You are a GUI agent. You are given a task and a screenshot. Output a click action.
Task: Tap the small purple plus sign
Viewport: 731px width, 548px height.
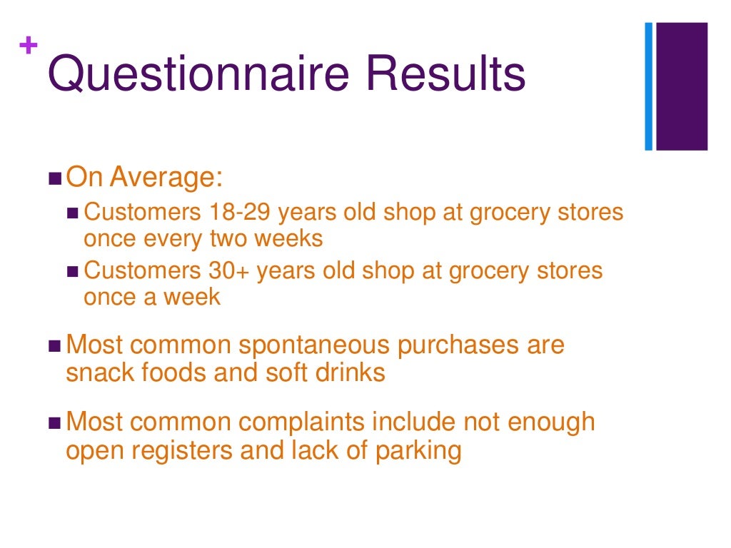(29, 46)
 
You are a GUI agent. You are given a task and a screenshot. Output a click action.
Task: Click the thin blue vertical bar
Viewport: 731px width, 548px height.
(649, 86)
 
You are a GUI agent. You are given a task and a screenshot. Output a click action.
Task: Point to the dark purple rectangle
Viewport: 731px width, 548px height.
(682, 86)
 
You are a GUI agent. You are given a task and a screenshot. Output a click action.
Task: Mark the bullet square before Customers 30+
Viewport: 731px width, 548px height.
(74, 272)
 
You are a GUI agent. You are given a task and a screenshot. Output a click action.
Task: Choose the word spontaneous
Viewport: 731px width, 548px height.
(315, 345)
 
